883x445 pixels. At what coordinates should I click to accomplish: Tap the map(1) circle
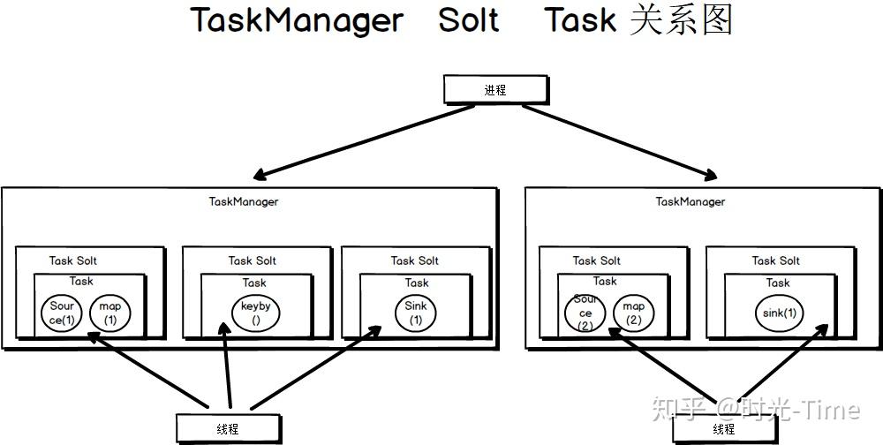pyautogui.click(x=109, y=313)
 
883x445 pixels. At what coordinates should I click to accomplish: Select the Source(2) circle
pyautogui.click(x=585, y=313)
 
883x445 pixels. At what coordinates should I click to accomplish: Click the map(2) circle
pyautogui.click(x=633, y=313)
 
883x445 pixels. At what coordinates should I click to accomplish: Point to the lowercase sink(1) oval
pyautogui.click(x=779, y=313)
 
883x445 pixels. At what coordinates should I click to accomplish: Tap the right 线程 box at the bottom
pyautogui.click(x=724, y=429)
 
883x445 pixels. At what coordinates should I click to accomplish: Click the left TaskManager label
pyautogui.click(x=244, y=201)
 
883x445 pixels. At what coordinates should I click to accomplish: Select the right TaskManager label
pyautogui.click(x=691, y=201)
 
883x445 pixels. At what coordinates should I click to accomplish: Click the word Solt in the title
pyautogui.click(x=469, y=19)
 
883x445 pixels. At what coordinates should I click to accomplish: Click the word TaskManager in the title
pyautogui.click(x=297, y=19)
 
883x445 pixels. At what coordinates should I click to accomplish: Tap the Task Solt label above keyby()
pyautogui.click(x=253, y=260)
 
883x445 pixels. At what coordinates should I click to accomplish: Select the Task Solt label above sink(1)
pyautogui.click(x=776, y=260)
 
